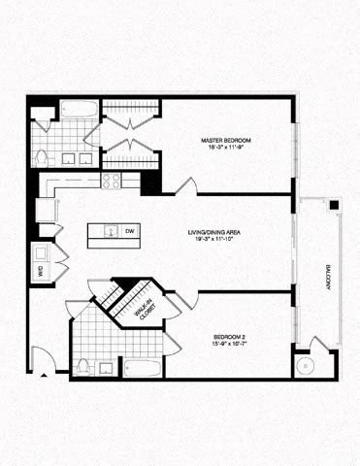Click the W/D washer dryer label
point(40,272)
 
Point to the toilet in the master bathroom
point(41,158)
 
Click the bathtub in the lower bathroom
point(143,369)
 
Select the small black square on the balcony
point(332,205)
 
